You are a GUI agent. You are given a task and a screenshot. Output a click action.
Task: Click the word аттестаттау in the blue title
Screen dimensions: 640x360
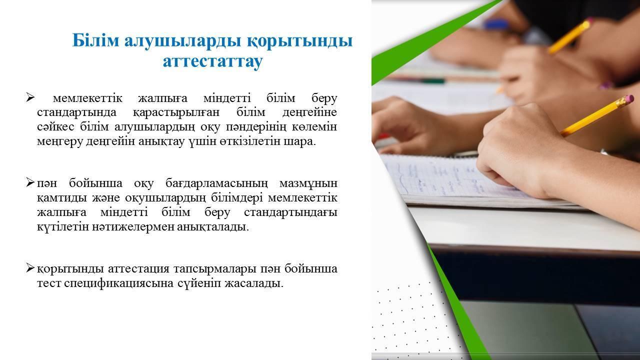click(213, 61)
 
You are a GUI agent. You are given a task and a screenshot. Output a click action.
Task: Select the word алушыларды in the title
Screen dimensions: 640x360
click(183, 40)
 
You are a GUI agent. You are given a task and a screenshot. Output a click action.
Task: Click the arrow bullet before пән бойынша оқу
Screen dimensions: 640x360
click(30, 182)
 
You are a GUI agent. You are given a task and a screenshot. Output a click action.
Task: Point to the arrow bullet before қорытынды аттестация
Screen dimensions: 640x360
click(30, 268)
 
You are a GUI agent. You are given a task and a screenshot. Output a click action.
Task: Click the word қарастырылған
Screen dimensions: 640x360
click(176, 112)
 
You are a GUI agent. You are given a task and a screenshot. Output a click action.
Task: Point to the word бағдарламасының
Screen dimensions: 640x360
click(217, 183)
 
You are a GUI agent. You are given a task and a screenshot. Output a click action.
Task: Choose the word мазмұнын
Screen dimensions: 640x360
click(308, 183)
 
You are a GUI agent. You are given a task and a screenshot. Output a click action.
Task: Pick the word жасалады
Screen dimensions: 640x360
click(254, 283)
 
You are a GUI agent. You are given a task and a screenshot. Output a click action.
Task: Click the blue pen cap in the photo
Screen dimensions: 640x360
click(496, 24)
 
